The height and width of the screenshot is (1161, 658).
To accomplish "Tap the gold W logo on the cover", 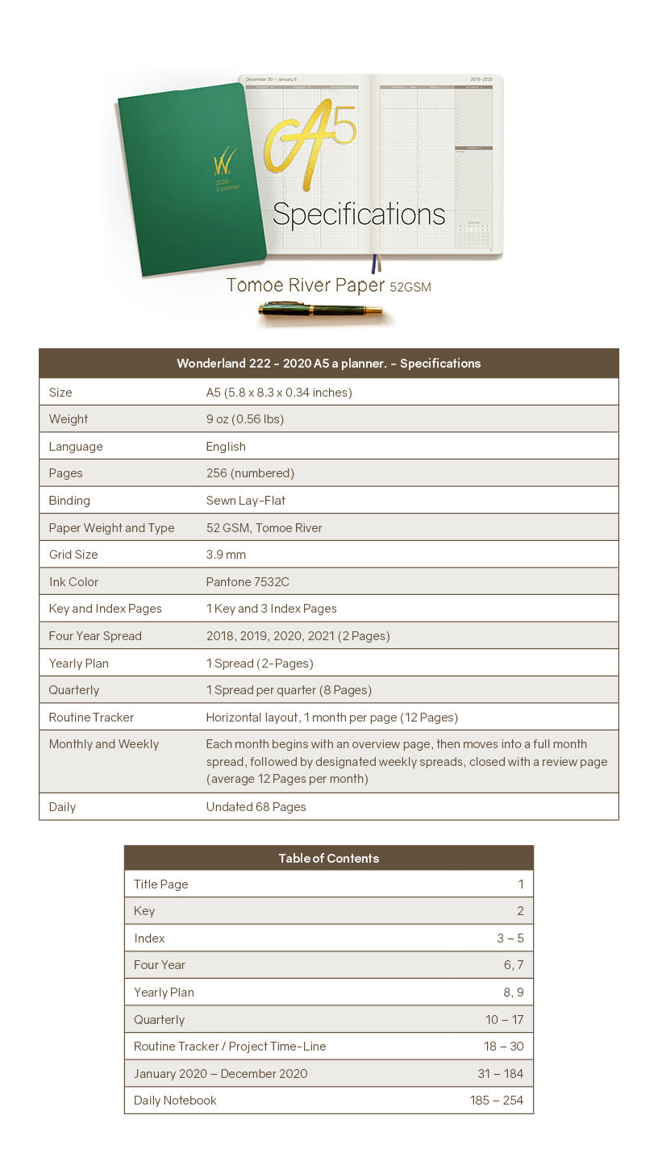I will [x=224, y=160].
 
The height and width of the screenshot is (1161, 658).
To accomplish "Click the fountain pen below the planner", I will [x=321, y=310].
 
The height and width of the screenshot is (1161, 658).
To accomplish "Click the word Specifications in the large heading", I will [x=359, y=214].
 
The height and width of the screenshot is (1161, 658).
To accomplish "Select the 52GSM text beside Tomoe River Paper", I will [x=410, y=287].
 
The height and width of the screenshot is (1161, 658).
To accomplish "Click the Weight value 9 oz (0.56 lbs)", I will [x=245, y=419].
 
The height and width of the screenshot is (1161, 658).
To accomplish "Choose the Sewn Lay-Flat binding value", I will [x=246, y=501].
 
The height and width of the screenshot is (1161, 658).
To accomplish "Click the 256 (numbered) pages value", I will [x=250, y=473].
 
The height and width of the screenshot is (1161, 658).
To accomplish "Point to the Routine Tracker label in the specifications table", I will [x=91, y=718].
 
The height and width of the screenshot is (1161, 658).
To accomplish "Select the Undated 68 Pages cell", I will [x=256, y=807].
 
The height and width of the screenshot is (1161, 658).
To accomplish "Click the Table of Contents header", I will [x=328, y=859].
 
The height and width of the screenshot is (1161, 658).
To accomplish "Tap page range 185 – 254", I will [x=497, y=1101].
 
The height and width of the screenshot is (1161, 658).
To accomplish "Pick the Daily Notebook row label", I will [x=175, y=1101].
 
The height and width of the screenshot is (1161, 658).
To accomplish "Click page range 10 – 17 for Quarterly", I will [x=504, y=1020].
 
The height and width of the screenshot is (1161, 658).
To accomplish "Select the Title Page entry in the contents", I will [x=161, y=884].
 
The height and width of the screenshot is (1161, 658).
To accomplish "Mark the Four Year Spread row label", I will [x=95, y=636].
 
